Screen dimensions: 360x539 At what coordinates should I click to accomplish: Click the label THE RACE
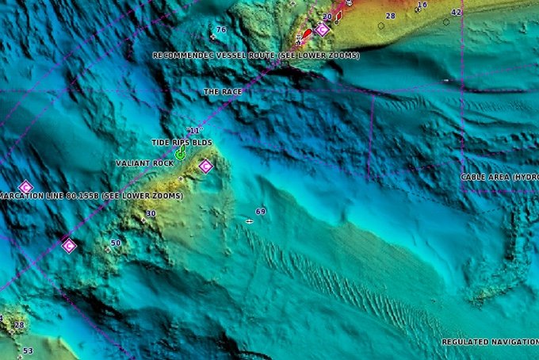point(223,92)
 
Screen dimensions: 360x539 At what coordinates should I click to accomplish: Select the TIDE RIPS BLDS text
point(182,143)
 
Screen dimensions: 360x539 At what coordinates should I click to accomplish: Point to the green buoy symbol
point(181,153)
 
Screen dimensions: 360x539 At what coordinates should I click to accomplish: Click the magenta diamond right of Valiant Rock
point(205,166)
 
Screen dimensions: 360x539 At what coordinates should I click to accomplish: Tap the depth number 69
point(261,212)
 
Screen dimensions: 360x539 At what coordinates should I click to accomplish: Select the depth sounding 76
point(221,30)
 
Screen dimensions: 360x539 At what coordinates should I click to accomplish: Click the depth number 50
point(116,243)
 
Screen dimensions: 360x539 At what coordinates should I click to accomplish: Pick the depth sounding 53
point(28,350)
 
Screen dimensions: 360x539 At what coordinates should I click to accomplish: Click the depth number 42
point(456,13)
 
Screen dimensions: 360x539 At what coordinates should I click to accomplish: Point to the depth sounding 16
point(422,5)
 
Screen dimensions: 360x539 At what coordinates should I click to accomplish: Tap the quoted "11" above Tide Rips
point(194,130)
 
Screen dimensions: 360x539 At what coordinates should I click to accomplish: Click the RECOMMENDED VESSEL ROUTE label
point(255,56)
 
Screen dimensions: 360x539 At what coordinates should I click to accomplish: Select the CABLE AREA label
point(499,177)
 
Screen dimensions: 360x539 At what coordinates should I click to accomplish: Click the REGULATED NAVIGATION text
point(490,342)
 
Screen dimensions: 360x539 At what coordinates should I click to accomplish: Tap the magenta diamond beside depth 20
point(322,30)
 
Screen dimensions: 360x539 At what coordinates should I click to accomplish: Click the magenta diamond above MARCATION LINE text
point(25,187)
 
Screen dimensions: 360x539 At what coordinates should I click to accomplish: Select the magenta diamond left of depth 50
point(68,245)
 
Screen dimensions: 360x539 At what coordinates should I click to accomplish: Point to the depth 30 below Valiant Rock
point(151,214)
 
